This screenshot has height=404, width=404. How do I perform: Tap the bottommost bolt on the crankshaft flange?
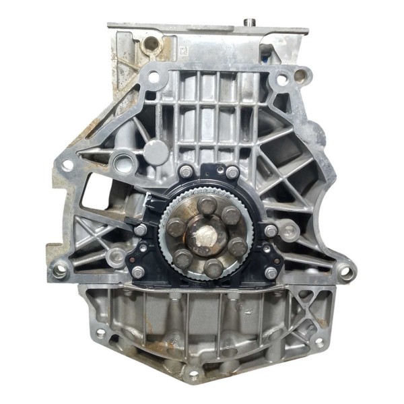pyautogui.click(x=214, y=269)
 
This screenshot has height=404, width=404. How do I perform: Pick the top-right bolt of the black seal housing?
pyautogui.click(x=232, y=172)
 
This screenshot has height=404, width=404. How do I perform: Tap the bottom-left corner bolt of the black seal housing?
pyautogui.click(x=138, y=272)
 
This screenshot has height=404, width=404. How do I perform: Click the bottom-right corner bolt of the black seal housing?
pyautogui.click(x=271, y=272)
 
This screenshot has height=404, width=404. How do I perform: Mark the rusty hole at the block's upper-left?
pyautogui.click(x=151, y=44)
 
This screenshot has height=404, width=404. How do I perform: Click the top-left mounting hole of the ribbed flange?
pyautogui.click(x=154, y=77)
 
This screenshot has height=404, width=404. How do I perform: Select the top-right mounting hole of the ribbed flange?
pyautogui.click(x=281, y=79)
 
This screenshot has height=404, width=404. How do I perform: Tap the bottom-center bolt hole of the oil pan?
pyautogui.click(x=194, y=372)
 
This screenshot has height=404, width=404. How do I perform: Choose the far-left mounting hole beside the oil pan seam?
pyautogui.click(x=61, y=271)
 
